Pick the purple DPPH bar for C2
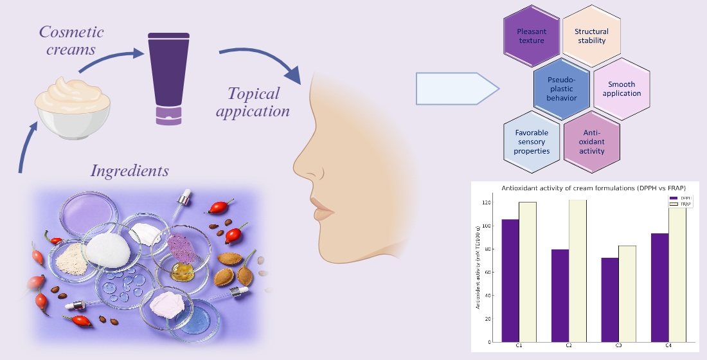(560, 295)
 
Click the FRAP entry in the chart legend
(683, 203)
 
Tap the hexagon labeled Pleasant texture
(531, 36)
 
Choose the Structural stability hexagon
(590, 36)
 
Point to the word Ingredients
(130, 171)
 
